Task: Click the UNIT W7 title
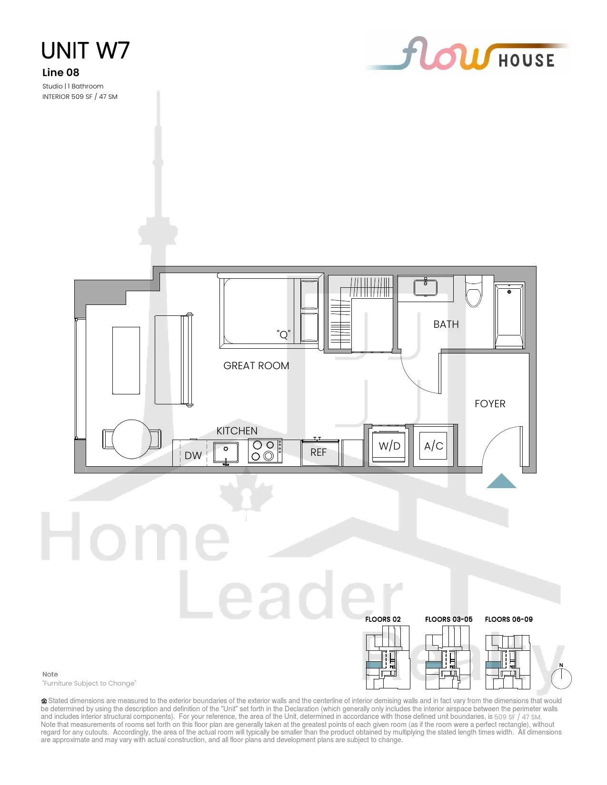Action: coord(85,50)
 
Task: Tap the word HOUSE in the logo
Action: coord(527,60)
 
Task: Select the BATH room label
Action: coord(446,324)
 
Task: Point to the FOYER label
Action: coord(490,403)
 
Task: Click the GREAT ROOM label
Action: coord(256,365)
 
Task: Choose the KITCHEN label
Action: coord(237,431)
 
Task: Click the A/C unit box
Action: coord(433,446)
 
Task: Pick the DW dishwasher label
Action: coord(193,456)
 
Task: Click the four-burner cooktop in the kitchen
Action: coord(265,451)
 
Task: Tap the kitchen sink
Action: coord(226,452)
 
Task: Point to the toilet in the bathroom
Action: coord(474,291)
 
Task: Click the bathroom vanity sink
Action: coord(425,287)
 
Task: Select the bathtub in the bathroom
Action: coord(509,316)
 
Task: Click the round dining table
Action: coord(131,439)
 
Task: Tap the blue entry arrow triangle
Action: coord(501,481)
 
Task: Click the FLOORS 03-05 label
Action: coord(448,619)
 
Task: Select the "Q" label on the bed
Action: coord(283,334)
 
